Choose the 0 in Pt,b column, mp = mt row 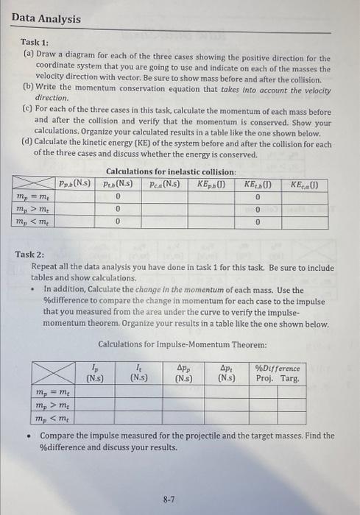(x=119, y=196)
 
